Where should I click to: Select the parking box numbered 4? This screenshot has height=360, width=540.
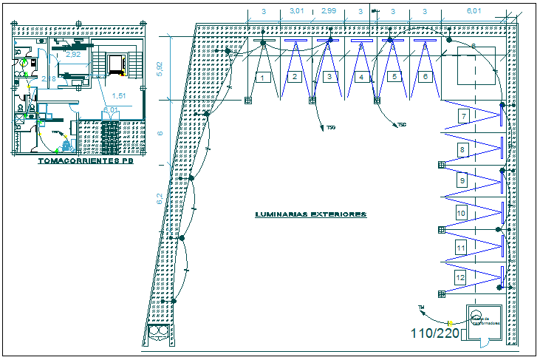pyautogui.click(x=360, y=77)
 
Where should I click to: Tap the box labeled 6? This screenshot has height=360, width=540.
pyautogui.click(x=425, y=77)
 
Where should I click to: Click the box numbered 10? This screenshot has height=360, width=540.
pyautogui.click(x=461, y=214)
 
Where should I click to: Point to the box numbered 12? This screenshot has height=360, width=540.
pyautogui.click(x=461, y=277)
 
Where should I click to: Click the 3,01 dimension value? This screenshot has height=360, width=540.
pyautogui.click(x=296, y=11)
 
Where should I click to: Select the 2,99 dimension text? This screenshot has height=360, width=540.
pyautogui.click(x=329, y=11)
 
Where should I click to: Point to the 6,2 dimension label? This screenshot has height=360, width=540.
pyautogui.click(x=158, y=197)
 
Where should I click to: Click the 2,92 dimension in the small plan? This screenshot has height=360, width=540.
pyautogui.click(x=73, y=54)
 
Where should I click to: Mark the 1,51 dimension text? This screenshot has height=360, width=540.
pyautogui.click(x=117, y=95)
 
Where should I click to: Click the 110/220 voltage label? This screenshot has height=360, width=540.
pyautogui.click(x=435, y=333)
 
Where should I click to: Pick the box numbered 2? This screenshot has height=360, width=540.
pyautogui.click(x=294, y=77)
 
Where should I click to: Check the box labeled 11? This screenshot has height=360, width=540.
pyautogui.click(x=461, y=247)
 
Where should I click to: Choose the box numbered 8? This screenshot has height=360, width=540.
pyautogui.click(x=462, y=150)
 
